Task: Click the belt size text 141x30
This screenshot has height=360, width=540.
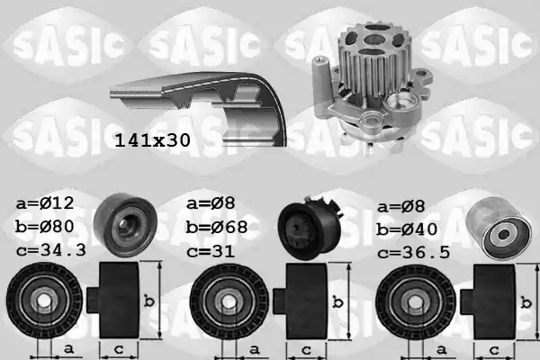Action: [152, 140]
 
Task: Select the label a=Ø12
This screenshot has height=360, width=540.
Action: [45, 203]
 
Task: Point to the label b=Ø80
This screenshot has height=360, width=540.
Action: [45, 226]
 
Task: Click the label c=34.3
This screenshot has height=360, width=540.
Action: [51, 250]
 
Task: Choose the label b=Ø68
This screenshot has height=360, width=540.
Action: [217, 227]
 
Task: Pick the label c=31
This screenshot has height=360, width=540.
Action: [211, 251]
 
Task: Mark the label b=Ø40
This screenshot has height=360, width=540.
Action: [407, 229]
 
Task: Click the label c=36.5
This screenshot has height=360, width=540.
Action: [414, 253]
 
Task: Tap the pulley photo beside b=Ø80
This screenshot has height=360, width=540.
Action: [125, 225]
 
